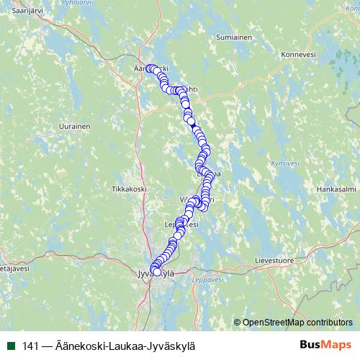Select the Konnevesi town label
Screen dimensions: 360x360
(x=299, y=54)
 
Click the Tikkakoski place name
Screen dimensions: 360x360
(x=129, y=189)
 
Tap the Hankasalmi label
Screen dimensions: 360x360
(x=336, y=189)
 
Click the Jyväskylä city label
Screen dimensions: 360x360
(x=156, y=272)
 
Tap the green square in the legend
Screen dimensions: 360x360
(x=10, y=346)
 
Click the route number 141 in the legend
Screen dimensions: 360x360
(x=30, y=346)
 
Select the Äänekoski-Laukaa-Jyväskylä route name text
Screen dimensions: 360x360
(x=125, y=346)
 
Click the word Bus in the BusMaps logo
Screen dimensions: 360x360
(x=310, y=345)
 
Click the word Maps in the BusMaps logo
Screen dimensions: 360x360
(x=336, y=345)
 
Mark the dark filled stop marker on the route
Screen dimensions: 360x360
(x=193, y=126)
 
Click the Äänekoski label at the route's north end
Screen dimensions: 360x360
(x=150, y=68)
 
